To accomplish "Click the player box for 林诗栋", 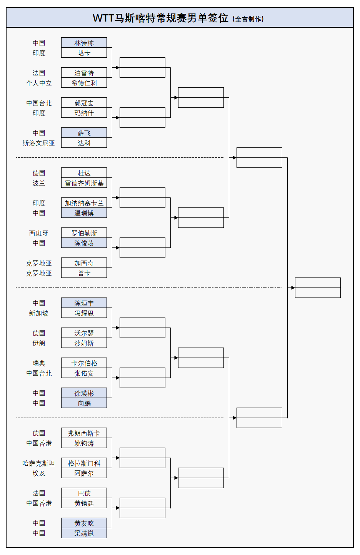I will click(x=84, y=43).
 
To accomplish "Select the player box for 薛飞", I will click(x=84, y=133).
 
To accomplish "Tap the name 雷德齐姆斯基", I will click(x=84, y=183).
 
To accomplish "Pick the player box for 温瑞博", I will click(x=84, y=213).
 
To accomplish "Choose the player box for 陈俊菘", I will click(x=84, y=243).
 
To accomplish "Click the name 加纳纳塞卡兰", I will click(x=84, y=203).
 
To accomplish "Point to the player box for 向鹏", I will click(x=84, y=403).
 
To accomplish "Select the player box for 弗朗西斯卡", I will click(x=84, y=433).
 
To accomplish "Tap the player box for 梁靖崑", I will click(x=84, y=533).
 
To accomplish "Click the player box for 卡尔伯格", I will click(x=84, y=363).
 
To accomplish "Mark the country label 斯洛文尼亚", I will click(x=38, y=143).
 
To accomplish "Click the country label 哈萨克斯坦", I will click(x=38, y=463).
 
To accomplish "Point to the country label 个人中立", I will click(x=38, y=83).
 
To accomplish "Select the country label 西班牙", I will click(x=38, y=233).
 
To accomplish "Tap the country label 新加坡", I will click(x=38, y=313).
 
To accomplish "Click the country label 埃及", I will click(x=38, y=473).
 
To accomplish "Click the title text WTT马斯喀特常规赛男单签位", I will click(x=160, y=18).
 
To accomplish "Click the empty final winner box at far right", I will click(x=318, y=288).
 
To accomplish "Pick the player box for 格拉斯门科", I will click(x=84, y=463).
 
